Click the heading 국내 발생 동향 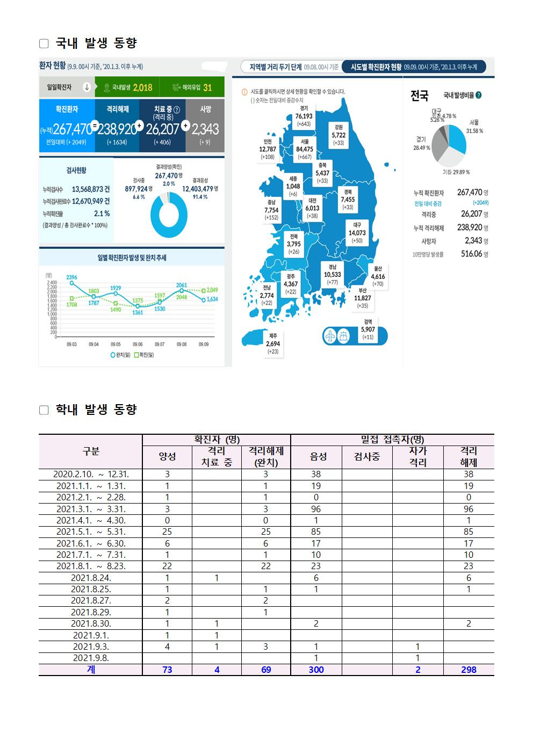tap(96, 43)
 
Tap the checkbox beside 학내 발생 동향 tap(44, 411)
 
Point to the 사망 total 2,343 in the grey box tap(205, 130)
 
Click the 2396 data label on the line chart tap(72, 277)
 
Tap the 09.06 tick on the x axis tap(138, 344)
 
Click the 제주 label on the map tap(273, 336)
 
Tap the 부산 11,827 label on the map tap(363, 298)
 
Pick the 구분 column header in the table tap(91, 451)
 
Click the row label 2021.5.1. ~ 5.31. tap(91, 532)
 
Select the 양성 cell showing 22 tap(167, 566)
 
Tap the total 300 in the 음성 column tap(316, 670)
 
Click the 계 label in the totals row tap(91, 670)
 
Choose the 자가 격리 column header tap(417, 457)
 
